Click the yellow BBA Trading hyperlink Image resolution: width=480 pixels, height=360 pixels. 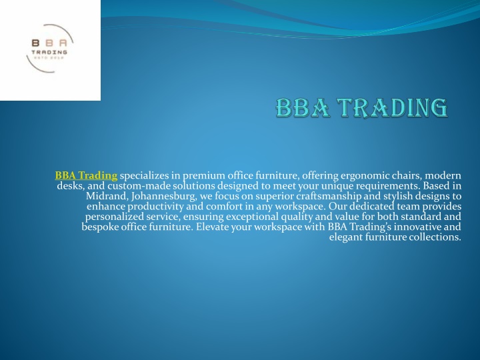tap(86, 175)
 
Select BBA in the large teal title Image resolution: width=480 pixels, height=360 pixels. tap(303, 108)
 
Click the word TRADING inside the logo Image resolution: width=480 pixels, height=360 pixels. tap(49, 52)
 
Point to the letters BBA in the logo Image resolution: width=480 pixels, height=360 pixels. tap(49, 43)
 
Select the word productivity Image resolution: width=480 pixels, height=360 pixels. tap(155, 207)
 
